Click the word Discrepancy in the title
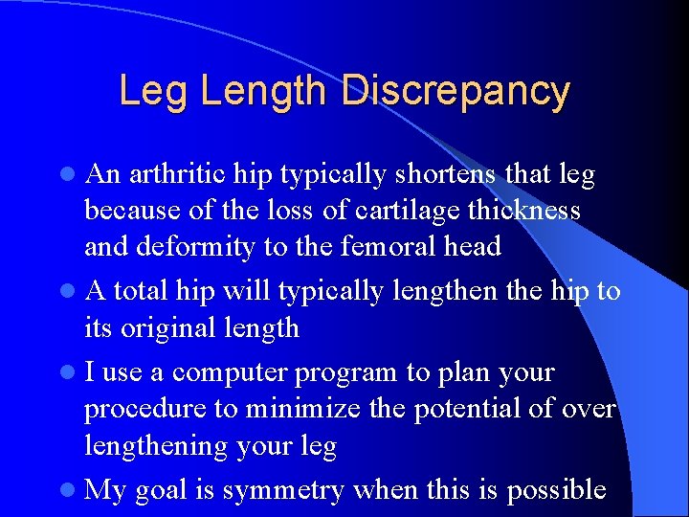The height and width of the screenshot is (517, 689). click(456, 92)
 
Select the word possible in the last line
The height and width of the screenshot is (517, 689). click(556, 490)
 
